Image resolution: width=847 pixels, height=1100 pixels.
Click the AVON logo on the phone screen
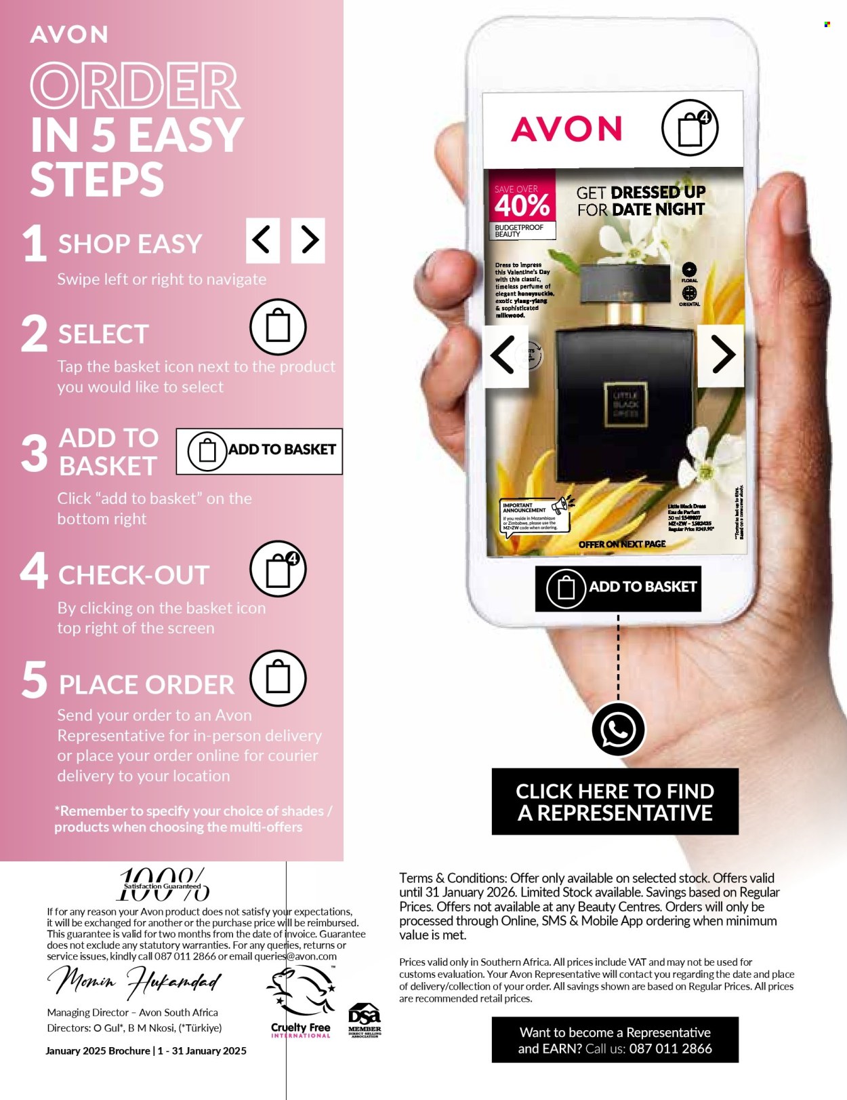(566, 129)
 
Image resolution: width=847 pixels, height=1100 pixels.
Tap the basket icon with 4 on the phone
(690, 127)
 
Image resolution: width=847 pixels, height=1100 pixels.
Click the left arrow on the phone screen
(504, 354)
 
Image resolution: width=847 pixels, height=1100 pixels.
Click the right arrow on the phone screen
(722, 354)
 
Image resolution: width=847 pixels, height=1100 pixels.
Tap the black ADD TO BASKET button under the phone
(618, 588)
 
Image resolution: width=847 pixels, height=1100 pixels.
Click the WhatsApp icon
(618, 730)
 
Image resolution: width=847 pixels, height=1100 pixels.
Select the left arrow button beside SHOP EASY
(263, 240)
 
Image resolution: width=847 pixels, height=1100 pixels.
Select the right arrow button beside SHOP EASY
(308, 240)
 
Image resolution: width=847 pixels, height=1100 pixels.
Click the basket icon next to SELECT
(278, 327)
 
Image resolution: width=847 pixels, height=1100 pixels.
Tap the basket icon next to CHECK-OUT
(278, 569)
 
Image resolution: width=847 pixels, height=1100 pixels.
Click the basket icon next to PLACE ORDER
(278, 678)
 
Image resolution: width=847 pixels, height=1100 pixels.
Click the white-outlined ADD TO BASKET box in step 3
(260, 451)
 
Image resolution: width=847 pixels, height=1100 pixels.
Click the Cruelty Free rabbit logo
(301, 994)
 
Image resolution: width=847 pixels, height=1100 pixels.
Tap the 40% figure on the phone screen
(522, 205)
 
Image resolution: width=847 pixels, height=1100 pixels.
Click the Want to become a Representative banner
(615, 1040)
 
